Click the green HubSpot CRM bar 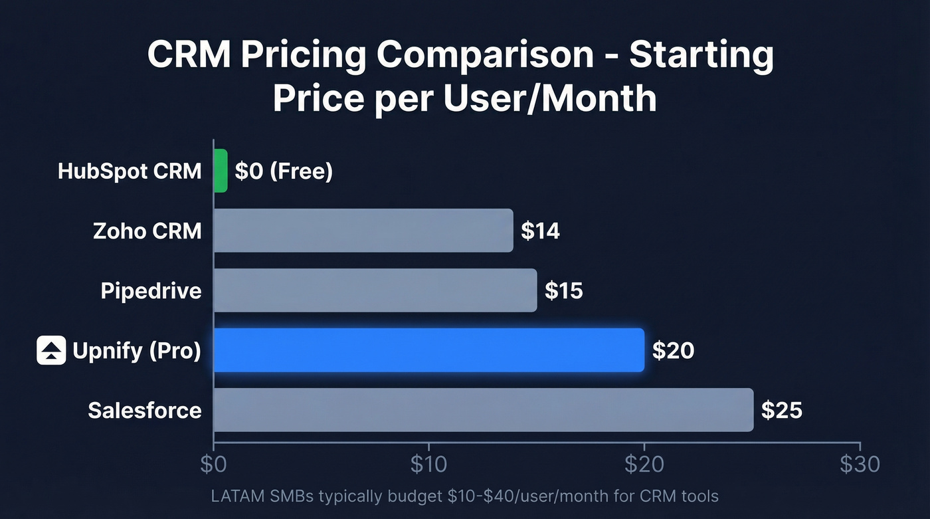coord(221,171)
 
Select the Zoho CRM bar coord(363,231)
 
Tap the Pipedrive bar coord(375,290)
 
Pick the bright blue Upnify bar coord(429,350)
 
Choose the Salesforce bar coord(484,410)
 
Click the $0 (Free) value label coord(284,171)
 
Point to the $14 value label coord(540,231)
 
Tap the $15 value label coord(563,290)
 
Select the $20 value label coord(672,350)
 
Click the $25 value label coord(781,410)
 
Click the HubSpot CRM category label coord(130,171)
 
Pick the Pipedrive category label coord(151,290)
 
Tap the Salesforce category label coord(145,410)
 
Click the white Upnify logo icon coord(51,350)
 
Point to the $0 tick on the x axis coord(213,464)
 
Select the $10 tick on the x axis coord(428,464)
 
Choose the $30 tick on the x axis coord(859,464)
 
